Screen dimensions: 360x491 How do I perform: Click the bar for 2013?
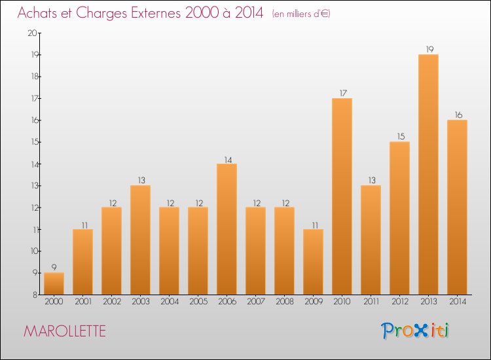[428, 175]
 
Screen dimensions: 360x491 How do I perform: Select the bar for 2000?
[54, 283]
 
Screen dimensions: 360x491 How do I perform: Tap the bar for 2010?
[342, 196]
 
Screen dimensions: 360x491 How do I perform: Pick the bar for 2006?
[227, 229]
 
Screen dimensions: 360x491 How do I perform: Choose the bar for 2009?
[313, 262]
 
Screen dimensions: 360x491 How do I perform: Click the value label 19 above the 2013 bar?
[428, 49]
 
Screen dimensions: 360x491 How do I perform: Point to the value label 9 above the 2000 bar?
[54, 267]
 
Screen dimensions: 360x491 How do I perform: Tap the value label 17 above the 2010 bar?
[342, 93]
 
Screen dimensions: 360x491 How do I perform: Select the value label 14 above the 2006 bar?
[227, 158]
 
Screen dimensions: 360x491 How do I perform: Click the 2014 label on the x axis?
[457, 302]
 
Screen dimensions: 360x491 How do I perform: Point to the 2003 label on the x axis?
[140, 302]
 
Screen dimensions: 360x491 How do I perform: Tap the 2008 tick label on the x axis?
[284, 302]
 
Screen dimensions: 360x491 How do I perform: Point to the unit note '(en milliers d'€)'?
[301, 14]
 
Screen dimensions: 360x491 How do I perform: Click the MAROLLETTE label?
[64, 331]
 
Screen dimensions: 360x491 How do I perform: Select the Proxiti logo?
[416, 331]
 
